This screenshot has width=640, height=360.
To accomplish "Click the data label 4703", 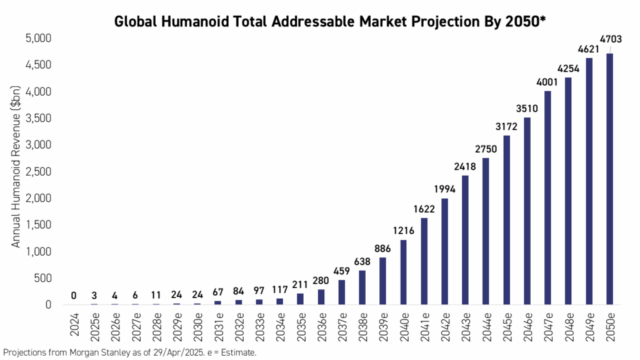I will click(x=609, y=39).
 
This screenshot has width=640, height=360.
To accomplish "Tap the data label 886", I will click(x=382, y=248).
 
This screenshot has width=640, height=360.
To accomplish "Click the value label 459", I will click(x=341, y=271).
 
